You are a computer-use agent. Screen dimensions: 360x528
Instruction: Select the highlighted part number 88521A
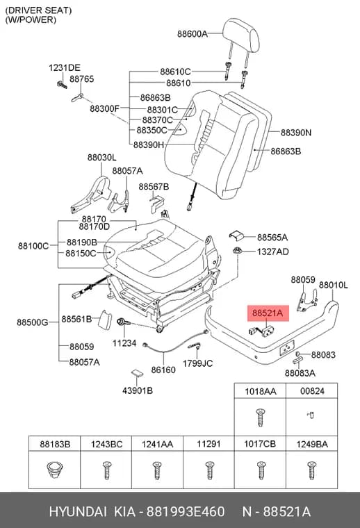pos(268,313)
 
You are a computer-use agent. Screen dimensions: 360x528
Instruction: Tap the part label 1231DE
pos(65,67)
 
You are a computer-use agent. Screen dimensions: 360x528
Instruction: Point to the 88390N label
pos(296,132)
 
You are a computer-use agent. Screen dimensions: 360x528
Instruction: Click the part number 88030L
pos(101,157)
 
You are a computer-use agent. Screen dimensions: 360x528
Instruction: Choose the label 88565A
pos(272,238)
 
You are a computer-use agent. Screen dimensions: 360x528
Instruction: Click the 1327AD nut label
pos(272,251)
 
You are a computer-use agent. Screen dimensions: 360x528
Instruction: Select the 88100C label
pos(33,246)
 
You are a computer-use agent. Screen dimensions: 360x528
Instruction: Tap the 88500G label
pos(33,322)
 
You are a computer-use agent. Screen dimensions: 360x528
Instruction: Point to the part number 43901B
pos(138,390)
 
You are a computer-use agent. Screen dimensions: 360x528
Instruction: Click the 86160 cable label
pos(163,370)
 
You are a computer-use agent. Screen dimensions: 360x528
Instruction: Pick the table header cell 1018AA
pos(261,391)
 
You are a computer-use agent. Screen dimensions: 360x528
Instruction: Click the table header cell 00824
pos(312,391)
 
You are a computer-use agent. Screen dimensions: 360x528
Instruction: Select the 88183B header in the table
pos(55,444)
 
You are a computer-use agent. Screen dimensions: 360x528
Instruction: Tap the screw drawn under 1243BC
pos(106,470)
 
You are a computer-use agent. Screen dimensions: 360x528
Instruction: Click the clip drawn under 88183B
pos(54,470)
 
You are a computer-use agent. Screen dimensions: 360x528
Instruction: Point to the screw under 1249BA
pos(312,470)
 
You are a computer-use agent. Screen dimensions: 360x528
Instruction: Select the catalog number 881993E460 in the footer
pos(186,511)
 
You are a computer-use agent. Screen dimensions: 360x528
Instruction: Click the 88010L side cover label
pos(334,286)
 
